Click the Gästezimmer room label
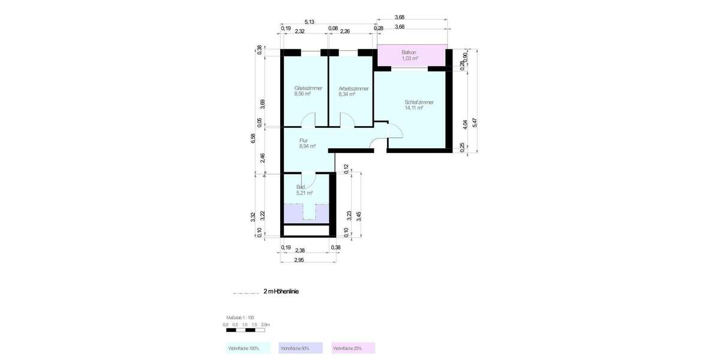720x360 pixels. tap(308, 88)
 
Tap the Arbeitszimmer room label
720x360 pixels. tap(353, 89)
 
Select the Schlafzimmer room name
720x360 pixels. tap(419, 102)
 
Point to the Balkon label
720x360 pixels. tap(409, 53)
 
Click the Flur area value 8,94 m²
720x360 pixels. tap(307, 146)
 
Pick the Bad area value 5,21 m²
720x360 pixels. tap(304, 193)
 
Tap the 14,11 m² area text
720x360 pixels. tap(414, 109)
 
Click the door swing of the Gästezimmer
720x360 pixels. tap(307, 120)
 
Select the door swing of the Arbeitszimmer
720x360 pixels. tap(347, 120)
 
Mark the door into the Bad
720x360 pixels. tap(309, 179)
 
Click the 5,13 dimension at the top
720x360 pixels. tap(310, 22)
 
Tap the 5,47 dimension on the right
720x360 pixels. tap(475, 123)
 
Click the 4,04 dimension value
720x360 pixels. tap(466, 124)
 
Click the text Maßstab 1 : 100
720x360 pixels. tap(240, 317)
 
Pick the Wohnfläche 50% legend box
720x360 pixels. tap(301, 348)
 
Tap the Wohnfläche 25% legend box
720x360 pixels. tap(353, 348)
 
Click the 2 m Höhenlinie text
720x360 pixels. tap(281, 292)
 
